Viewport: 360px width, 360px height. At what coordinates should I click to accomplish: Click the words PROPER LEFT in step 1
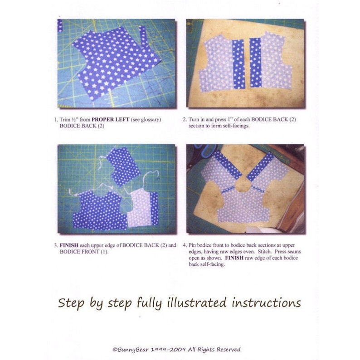tap(110, 119)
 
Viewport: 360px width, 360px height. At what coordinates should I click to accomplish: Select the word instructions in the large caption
tap(267, 302)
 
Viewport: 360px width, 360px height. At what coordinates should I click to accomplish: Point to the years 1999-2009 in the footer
tap(171, 349)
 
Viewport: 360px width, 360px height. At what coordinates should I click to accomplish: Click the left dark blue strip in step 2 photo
tap(238, 63)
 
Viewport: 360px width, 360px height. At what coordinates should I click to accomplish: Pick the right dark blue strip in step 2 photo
tap(256, 63)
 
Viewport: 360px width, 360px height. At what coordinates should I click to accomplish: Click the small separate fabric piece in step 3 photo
tap(123, 165)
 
